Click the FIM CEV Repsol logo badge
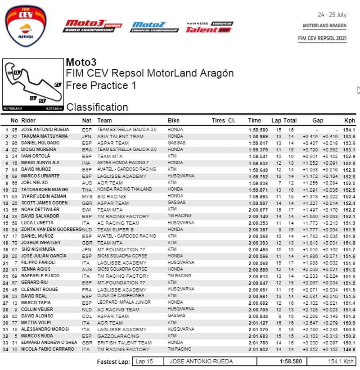pos(26,26)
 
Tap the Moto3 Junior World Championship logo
pos(92,26)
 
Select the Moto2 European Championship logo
pos(154,27)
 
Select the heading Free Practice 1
pos(101,85)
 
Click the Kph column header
pos(349,121)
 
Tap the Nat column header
pos(86,121)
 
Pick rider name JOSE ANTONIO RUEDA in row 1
pos(45,130)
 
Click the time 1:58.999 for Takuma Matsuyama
pos(258,136)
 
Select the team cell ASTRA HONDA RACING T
pos(123,163)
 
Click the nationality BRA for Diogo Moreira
pos(87,149)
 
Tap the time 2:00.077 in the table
pos(258,209)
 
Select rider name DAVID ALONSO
pos(37,316)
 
